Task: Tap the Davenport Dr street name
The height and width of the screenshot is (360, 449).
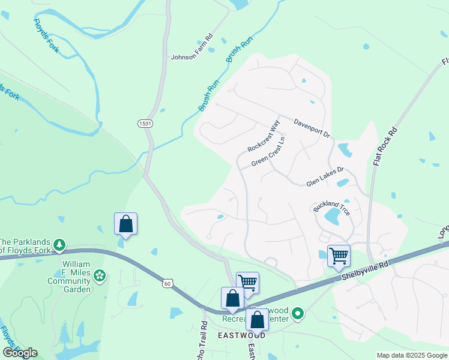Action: (x=312, y=129)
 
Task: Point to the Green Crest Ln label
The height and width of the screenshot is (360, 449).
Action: (x=268, y=153)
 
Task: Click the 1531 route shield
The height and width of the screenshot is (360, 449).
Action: (x=143, y=123)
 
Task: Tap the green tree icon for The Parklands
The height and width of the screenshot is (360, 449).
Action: (x=59, y=244)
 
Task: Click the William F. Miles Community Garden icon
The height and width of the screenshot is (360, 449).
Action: (x=100, y=276)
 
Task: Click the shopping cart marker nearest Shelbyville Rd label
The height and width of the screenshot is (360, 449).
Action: (x=339, y=256)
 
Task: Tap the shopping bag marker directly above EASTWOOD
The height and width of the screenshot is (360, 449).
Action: (x=258, y=320)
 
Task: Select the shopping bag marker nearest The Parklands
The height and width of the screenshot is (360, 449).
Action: (x=126, y=224)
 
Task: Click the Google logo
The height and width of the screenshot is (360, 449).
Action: (x=20, y=353)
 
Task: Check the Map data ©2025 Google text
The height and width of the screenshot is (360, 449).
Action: (x=411, y=355)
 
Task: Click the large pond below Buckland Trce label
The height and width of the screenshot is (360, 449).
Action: (x=331, y=217)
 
